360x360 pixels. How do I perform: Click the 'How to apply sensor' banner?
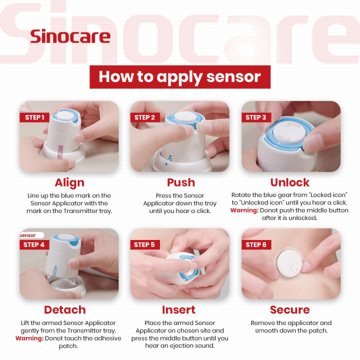pos(179,76)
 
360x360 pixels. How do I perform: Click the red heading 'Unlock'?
pos(290,182)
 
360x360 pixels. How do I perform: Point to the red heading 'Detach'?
pos(64,309)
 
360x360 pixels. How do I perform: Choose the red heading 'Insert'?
pos(178,309)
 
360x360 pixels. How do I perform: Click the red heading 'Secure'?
pos(290,309)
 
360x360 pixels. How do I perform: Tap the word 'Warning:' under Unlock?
pos(243,210)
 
